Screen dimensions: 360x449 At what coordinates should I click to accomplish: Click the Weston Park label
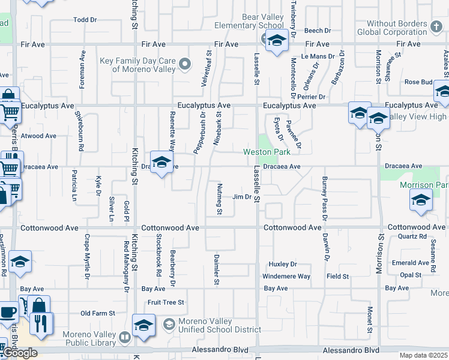(267, 152)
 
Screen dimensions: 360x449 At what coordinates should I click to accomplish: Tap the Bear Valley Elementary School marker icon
(276, 41)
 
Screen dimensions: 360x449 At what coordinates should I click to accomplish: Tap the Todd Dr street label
(85, 20)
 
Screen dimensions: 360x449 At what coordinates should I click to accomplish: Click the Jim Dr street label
(241, 197)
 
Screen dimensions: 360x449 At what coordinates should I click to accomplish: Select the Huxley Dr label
(283, 264)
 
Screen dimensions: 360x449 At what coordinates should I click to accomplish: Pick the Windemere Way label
(286, 277)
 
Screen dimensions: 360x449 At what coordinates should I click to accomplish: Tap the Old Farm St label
(97, 313)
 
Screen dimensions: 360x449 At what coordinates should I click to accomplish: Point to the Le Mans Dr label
(313, 56)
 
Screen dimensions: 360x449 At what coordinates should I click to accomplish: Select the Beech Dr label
(318, 31)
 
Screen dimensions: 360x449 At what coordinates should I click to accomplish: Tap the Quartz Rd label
(411, 236)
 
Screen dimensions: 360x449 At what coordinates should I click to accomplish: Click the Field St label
(337, 277)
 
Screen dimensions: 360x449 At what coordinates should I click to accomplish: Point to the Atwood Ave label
(38, 136)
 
